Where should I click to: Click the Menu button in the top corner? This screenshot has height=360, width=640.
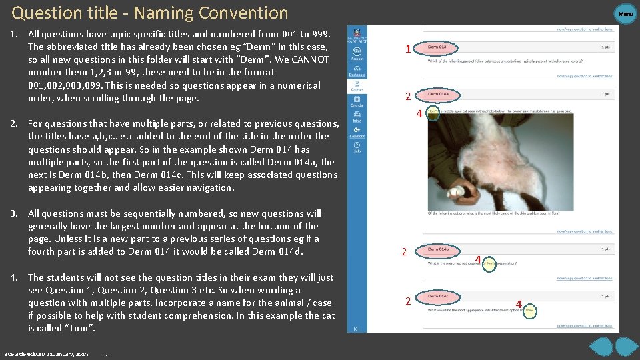point(625,13)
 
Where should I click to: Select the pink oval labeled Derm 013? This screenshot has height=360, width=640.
point(441,47)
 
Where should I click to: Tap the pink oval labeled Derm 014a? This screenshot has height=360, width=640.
point(443,95)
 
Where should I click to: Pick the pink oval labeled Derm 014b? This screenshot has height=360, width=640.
point(443,249)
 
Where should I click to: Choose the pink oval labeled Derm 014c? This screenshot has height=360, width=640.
point(443,295)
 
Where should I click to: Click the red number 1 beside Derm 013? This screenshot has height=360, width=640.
point(407,49)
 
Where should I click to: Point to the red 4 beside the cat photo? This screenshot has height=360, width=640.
point(419,114)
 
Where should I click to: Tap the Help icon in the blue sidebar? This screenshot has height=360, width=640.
point(357,147)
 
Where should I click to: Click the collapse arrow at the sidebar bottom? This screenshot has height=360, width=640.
point(357,328)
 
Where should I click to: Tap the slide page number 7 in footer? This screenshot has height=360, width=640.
point(107,353)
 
